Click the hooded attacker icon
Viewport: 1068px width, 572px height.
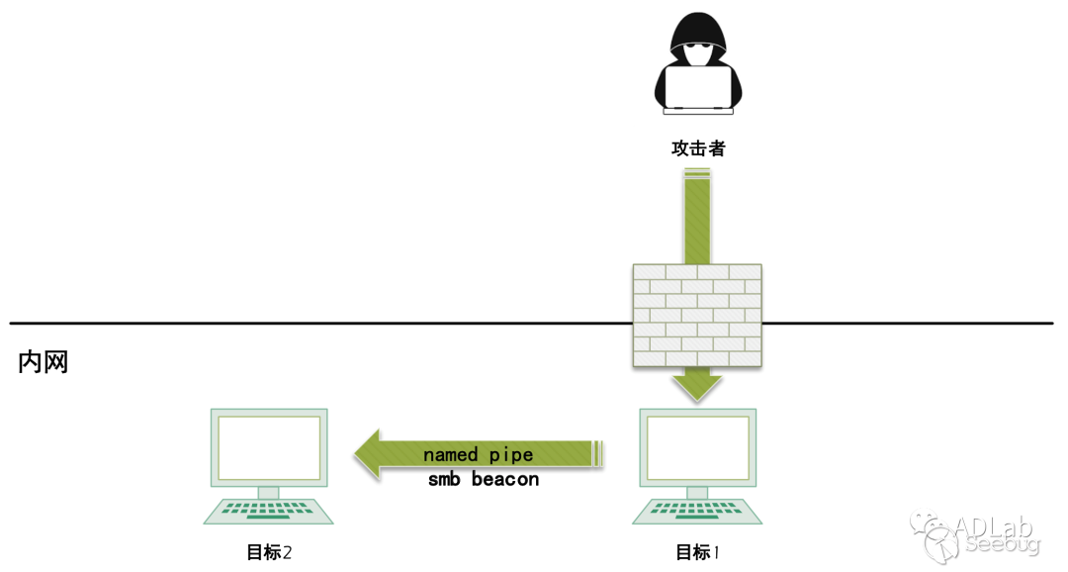tap(697, 65)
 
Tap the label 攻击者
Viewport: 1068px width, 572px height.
tap(697, 148)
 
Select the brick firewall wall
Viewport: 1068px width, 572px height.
tap(697, 316)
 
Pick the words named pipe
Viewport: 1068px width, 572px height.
tap(478, 455)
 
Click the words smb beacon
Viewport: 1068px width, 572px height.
tap(484, 480)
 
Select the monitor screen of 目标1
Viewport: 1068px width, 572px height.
tap(697, 447)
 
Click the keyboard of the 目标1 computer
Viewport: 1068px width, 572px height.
tap(697, 512)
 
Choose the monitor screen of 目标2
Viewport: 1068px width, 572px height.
tap(269, 447)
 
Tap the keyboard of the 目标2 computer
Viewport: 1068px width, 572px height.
tap(269, 512)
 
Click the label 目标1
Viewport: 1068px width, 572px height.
tap(697, 552)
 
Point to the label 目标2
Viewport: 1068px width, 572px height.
tap(269, 552)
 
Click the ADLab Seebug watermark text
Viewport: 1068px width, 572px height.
tap(999, 534)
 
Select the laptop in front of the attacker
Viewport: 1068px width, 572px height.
tap(697, 87)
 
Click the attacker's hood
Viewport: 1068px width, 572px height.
tap(697, 30)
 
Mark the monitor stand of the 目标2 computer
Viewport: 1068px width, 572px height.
tap(269, 492)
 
